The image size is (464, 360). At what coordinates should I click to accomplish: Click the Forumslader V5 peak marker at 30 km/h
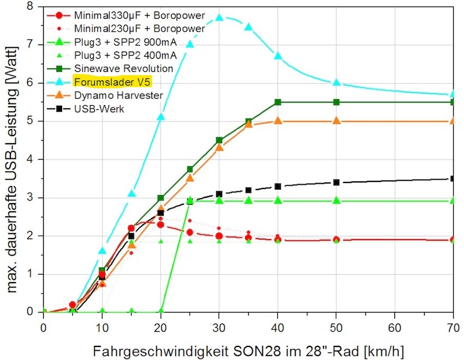[x=219, y=17]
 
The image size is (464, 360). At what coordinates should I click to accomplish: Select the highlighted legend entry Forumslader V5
[x=113, y=82]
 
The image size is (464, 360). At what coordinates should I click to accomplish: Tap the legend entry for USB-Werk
[x=99, y=109]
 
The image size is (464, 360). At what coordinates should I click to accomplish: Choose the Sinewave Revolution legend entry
[x=124, y=69]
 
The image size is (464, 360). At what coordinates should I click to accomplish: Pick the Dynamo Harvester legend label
[x=119, y=95]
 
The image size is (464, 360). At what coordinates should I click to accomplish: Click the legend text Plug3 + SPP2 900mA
[x=125, y=42]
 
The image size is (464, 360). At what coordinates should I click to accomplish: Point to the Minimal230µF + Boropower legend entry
[x=139, y=29]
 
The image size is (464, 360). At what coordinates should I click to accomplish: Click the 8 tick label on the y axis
[x=30, y=6]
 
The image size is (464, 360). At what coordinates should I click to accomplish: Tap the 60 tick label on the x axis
[x=395, y=328]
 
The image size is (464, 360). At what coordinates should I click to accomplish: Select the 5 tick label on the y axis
[x=30, y=121]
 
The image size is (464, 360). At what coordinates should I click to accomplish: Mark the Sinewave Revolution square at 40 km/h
[x=278, y=102]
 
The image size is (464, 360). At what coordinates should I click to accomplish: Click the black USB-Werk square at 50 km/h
[x=336, y=182]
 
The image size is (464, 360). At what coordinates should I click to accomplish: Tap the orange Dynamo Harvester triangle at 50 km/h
[x=336, y=120]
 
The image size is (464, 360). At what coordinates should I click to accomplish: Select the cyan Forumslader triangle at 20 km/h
[x=161, y=117]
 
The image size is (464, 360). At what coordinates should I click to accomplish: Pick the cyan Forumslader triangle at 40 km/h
[x=278, y=56]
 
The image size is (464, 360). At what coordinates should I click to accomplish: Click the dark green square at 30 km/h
[x=219, y=140]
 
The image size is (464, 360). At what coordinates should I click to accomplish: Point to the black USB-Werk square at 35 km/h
[x=248, y=190]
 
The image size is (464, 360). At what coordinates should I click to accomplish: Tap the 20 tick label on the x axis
[x=161, y=328]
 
